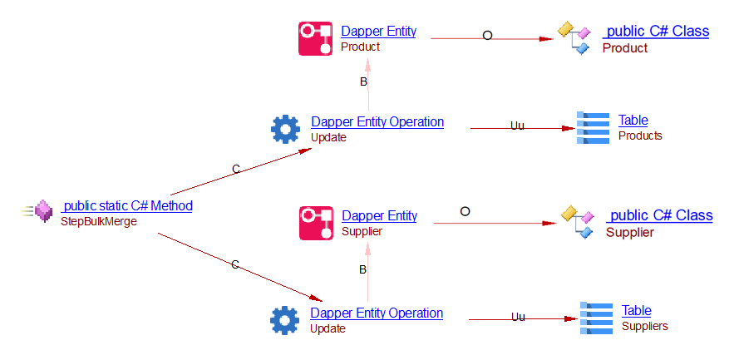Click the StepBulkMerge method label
click(x=98, y=222)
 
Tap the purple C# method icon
click(x=43, y=213)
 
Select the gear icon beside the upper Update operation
click(x=285, y=129)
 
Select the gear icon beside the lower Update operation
click(x=284, y=320)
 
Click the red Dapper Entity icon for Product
click(x=315, y=38)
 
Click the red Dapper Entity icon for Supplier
click(x=316, y=223)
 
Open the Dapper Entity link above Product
click(x=378, y=32)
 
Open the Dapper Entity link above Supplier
click(x=379, y=216)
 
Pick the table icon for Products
click(x=593, y=128)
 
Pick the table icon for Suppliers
click(x=596, y=318)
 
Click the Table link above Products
click(x=633, y=121)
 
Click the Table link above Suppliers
click(x=637, y=311)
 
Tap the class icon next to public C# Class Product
click(x=574, y=38)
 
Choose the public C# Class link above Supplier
click(x=659, y=215)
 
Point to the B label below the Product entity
click(x=363, y=81)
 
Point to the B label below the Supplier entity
click(x=362, y=269)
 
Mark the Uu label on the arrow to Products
click(x=517, y=126)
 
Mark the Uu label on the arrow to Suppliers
click(x=518, y=317)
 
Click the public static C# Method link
click(x=127, y=206)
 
